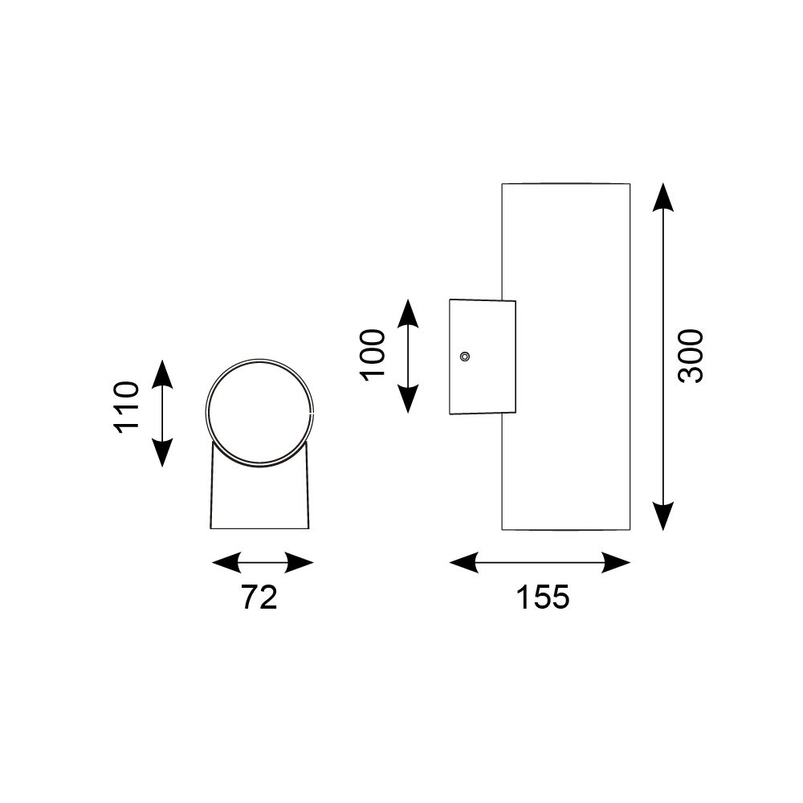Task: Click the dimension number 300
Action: [691, 356]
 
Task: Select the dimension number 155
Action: [542, 597]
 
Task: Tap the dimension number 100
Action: [372, 355]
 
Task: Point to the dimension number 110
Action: [127, 407]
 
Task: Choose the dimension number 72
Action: [259, 597]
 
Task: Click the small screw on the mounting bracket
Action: [464, 357]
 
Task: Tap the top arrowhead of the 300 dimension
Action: [662, 197]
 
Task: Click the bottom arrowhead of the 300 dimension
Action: [662, 516]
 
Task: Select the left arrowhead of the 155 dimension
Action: [464, 563]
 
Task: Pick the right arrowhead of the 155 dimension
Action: [616, 563]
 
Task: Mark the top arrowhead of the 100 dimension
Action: [409, 312]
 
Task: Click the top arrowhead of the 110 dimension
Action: [163, 373]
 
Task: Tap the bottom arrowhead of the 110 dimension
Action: [163, 453]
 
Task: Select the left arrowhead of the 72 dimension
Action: [226, 563]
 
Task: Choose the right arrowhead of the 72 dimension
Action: [300, 563]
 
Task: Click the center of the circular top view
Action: [259, 412]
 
